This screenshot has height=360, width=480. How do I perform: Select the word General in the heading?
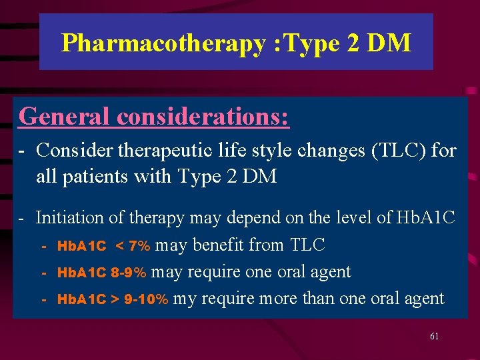pos(65,116)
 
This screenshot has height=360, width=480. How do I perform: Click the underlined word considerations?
pos(203,116)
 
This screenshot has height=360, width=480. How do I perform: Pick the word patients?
pos(93,177)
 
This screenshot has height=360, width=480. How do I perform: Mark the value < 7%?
pos(133,246)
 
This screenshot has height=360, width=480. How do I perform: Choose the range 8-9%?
pos(129,273)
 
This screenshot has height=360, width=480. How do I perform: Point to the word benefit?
pos(218,245)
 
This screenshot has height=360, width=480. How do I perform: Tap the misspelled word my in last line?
pos(185,299)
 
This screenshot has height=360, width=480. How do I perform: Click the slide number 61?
pos(434,337)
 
